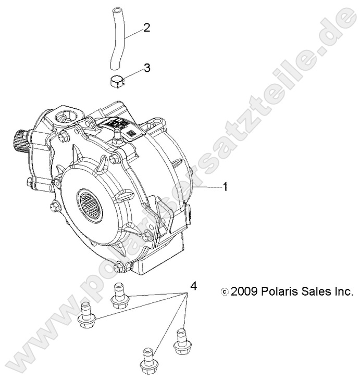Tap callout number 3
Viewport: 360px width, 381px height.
(147, 67)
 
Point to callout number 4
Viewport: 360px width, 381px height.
(193, 285)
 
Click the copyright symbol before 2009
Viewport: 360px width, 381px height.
(225, 292)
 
